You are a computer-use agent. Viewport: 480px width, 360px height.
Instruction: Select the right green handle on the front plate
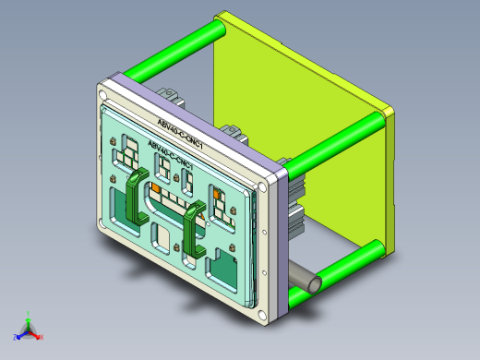193,230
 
